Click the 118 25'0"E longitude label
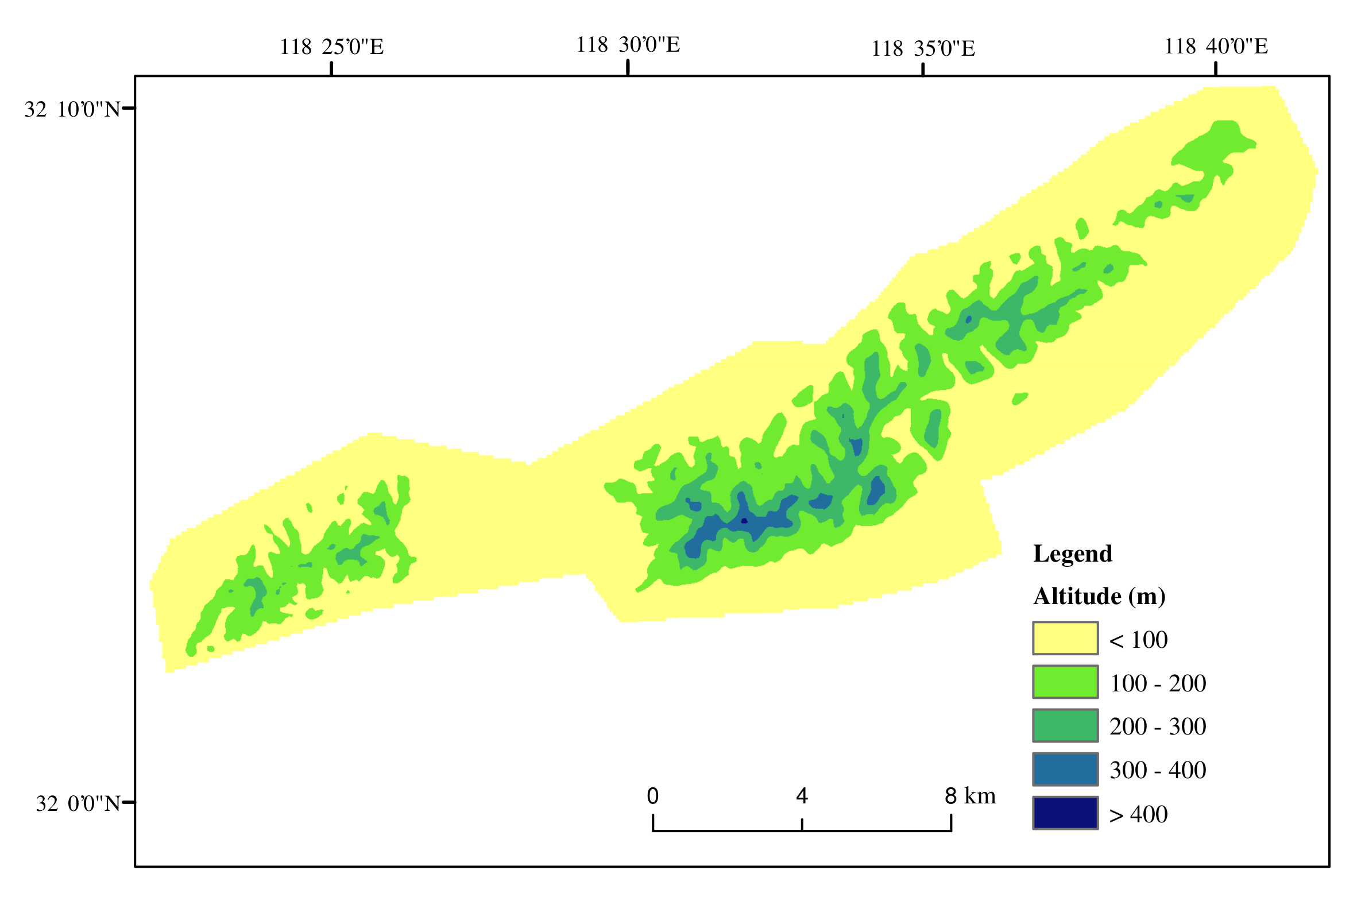click(x=331, y=47)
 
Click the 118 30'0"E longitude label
click(x=628, y=44)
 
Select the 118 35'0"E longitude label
click(x=923, y=48)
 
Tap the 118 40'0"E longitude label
click(x=1216, y=46)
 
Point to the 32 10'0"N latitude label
click(x=72, y=109)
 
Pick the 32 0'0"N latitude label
click(x=78, y=803)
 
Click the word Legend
click(x=1072, y=554)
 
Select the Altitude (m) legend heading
click(x=1099, y=596)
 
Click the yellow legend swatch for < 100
click(x=1065, y=638)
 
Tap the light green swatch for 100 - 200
click(x=1065, y=682)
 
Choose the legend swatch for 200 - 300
click(x=1065, y=725)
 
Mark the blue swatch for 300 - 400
click(x=1065, y=769)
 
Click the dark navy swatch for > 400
click(x=1065, y=813)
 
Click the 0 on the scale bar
click(x=652, y=796)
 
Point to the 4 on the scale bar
click(x=802, y=796)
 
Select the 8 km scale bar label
click(x=970, y=796)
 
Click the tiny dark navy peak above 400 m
click(x=744, y=521)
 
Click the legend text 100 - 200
click(x=1157, y=683)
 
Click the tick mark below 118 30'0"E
click(x=628, y=67)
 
